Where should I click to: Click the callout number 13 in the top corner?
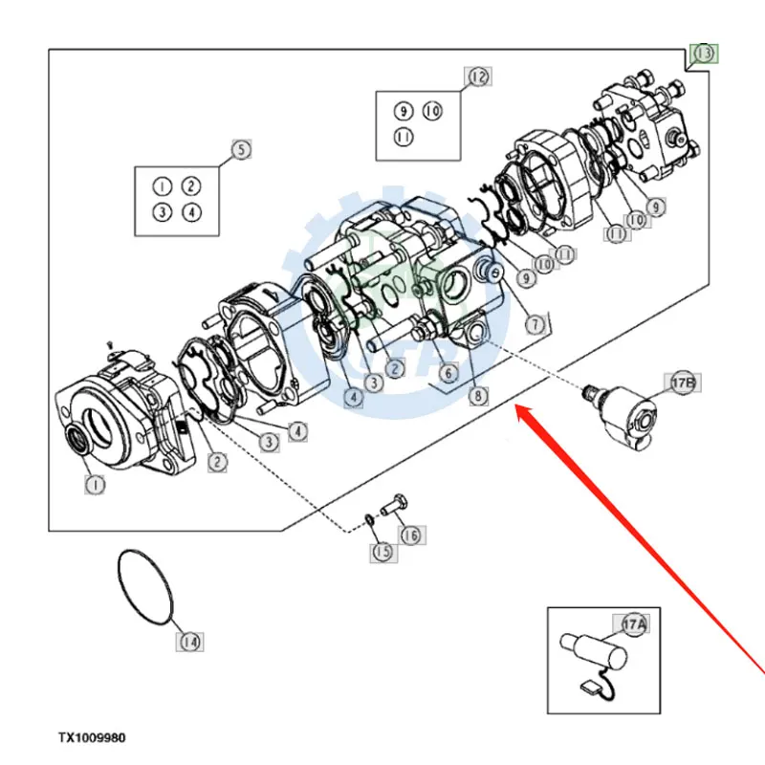(704, 54)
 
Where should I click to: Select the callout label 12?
(477, 76)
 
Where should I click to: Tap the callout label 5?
(241, 149)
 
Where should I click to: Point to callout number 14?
(190, 642)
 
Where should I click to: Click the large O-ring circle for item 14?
(146, 586)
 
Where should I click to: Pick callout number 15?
(382, 551)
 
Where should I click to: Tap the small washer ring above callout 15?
(369, 520)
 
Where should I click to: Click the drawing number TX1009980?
(92, 738)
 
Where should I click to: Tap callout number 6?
(447, 372)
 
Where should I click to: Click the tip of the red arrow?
(516, 408)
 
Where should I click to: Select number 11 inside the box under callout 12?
(404, 138)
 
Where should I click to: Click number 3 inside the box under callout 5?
(164, 212)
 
